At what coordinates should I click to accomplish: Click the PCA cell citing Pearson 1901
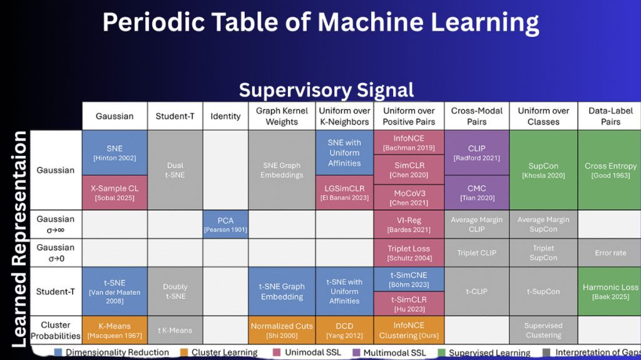pos(225,224)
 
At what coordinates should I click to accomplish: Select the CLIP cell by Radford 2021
pos(476,152)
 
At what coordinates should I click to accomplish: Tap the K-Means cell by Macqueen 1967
pos(115,330)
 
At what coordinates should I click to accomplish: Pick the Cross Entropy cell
pos(610,170)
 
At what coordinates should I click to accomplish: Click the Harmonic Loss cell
pos(610,291)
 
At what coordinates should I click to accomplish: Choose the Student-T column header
pos(175,116)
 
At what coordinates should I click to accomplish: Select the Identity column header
pos(225,116)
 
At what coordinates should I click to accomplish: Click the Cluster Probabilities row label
pos(56,330)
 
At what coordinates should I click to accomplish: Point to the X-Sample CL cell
pos(115,192)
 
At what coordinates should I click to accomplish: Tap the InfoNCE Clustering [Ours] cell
pos(409,330)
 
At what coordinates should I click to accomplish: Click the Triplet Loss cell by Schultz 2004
pos(409,253)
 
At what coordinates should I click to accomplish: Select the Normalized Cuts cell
pos(282,330)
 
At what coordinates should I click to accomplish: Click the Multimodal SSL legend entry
pos(388,352)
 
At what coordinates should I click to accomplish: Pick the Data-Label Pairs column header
pos(610,116)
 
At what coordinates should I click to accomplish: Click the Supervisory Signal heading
pos(326,90)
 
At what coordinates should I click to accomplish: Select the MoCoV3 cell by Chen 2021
pos(409,197)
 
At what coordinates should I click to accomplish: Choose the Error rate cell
pos(610,253)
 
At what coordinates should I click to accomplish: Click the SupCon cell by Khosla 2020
pos(543,170)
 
